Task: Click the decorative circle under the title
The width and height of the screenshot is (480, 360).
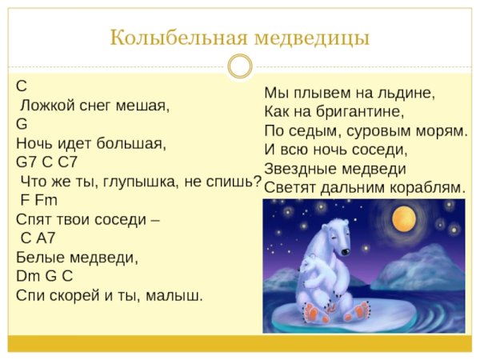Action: pyautogui.click(x=239, y=66)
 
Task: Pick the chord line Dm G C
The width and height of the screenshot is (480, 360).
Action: pyautogui.click(x=44, y=276)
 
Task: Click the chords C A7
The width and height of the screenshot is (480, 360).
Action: pyautogui.click(x=38, y=238)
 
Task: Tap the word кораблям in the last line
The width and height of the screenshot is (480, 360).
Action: pyautogui.click(x=422, y=188)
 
